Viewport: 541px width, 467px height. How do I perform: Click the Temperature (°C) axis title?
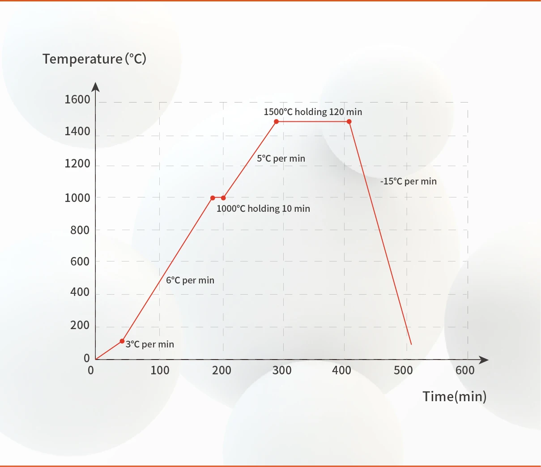point(94,59)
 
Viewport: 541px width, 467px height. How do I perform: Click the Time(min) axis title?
point(454,396)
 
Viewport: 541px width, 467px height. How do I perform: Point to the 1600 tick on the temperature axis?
point(77,99)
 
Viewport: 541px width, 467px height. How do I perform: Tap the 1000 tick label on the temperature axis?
point(77,197)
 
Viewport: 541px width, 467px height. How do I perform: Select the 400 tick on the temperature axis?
point(80,292)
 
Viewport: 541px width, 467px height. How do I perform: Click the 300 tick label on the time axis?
point(282,370)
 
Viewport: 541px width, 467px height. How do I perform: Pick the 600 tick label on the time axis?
point(465,370)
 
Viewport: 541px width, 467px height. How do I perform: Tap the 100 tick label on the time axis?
point(160,370)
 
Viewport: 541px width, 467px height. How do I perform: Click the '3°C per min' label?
point(149,344)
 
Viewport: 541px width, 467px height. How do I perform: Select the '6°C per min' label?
point(190,280)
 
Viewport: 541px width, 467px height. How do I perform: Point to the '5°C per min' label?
point(281,159)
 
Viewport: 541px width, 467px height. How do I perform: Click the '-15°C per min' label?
point(409,181)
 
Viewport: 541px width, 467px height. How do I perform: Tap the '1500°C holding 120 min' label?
point(313,112)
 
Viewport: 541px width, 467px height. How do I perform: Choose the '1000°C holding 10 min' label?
point(263,209)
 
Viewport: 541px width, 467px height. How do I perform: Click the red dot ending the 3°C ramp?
point(122,341)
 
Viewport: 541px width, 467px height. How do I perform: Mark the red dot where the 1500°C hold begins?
point(276,122)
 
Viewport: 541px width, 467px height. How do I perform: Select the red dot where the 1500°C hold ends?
point(349,122)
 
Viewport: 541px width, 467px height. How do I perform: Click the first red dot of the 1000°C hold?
point(213,198)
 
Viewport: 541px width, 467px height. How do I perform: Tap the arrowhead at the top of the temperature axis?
point(95,86)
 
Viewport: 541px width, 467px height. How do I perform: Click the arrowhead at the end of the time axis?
point(484,360)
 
